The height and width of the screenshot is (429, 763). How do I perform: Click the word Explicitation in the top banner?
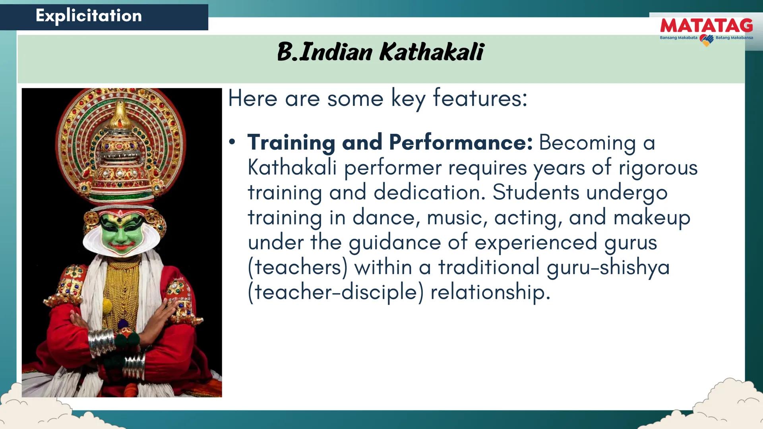coord(89,16)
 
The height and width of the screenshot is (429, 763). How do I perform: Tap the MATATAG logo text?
coord(706,26)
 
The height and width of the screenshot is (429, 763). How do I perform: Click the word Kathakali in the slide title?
coord(432,52)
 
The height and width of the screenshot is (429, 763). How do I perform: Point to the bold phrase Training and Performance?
coord(390,143)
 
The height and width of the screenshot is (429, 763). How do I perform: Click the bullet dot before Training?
coord(232,142)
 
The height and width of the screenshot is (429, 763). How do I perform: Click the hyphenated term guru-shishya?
coord(608,267)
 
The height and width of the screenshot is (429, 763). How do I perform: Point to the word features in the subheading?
coord(480,98)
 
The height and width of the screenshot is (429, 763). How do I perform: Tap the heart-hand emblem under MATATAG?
coord(706,40)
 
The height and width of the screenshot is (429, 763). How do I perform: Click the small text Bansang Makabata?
coord(678,38)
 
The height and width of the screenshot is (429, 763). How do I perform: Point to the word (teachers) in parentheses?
coord(297,267)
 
